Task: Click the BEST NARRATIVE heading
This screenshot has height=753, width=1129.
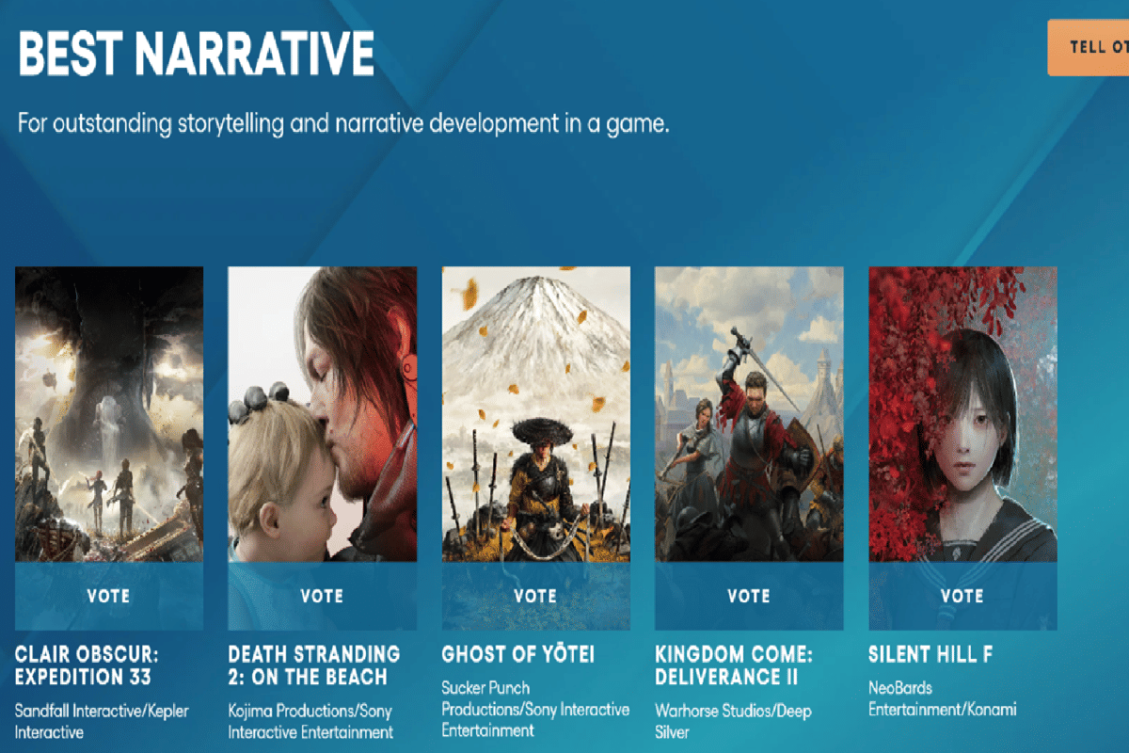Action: [196, 55]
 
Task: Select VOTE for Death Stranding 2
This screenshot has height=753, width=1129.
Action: [322, 596]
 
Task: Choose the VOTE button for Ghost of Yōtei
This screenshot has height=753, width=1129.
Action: [535, 596]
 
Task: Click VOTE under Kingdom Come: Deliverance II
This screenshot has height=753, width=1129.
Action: [749, 596]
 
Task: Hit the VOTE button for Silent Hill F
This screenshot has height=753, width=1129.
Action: [962, 596]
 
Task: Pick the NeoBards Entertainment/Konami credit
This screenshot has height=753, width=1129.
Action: [942, 699]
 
